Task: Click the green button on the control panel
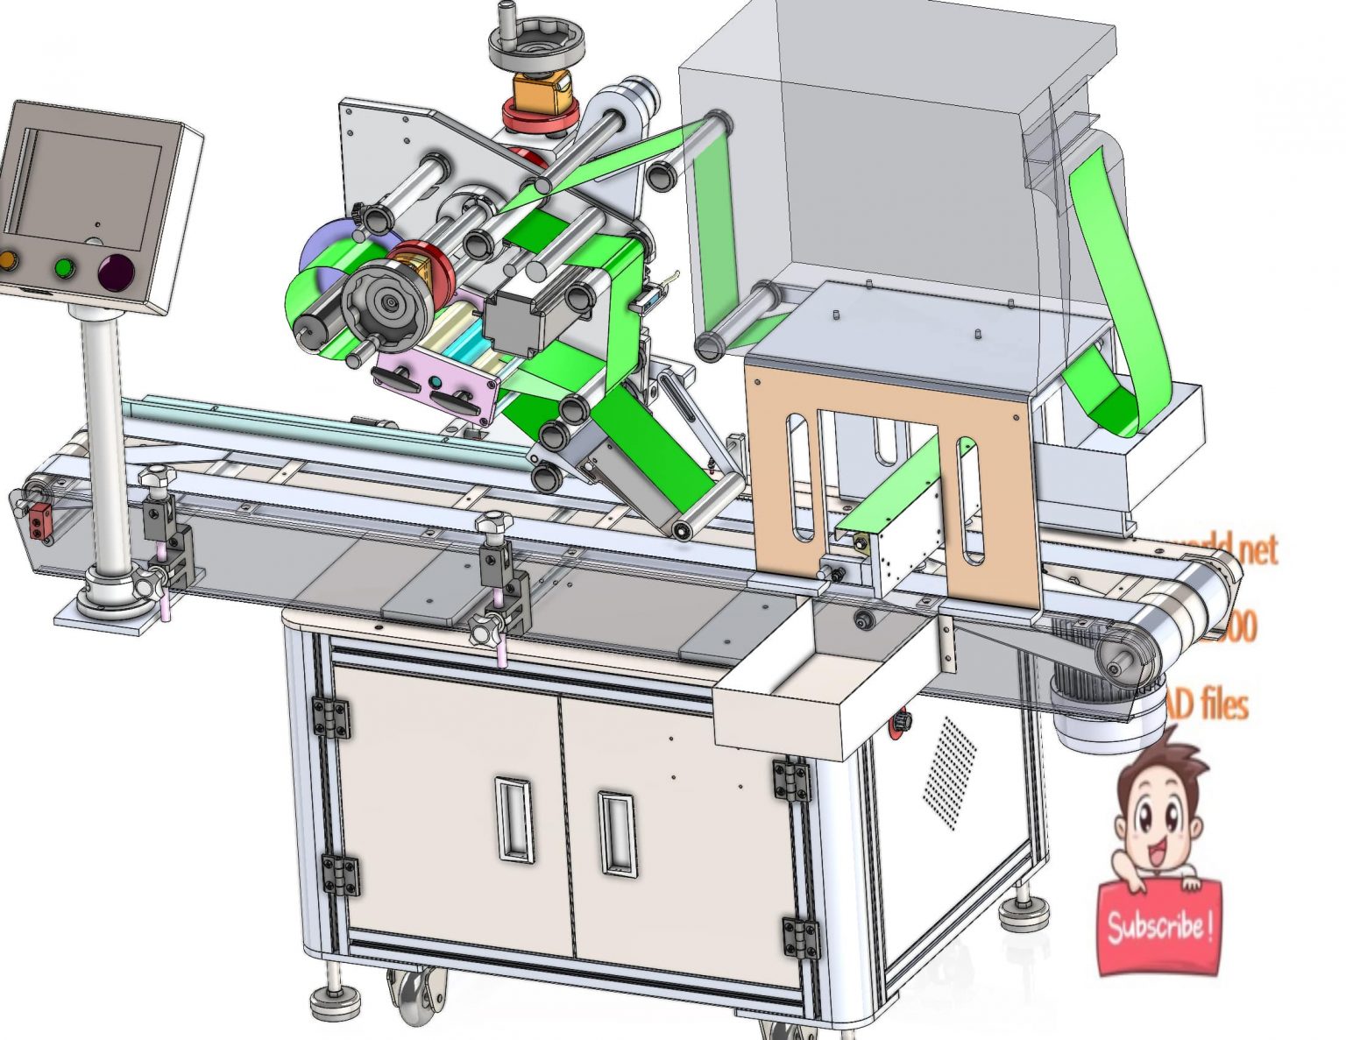coord(64,266)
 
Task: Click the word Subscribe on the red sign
coord(1158,925)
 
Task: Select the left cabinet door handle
coord(513,818)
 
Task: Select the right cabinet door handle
coord(616,832)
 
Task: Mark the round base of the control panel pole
coord(110,598)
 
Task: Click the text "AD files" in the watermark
coord(1207,704)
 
